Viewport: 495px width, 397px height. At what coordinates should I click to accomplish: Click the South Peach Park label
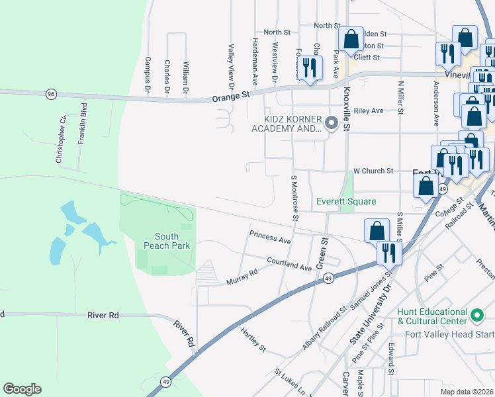click(x=172, y=241)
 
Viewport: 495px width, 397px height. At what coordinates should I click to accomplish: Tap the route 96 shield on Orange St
click(x=51, y=95)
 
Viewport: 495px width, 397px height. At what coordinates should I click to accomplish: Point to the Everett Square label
click(x=346, y=201)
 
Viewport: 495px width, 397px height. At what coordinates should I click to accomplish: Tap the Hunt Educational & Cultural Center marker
click(x=477, y=313)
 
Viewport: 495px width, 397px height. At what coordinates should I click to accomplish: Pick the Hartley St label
click(x=253, y=339)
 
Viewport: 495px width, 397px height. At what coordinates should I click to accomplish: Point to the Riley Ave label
click(x=369, y=111)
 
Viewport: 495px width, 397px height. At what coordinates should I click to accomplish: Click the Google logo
click(x=22, y=389)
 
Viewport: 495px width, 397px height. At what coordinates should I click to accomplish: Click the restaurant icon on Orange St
click(x=309, y=68)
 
